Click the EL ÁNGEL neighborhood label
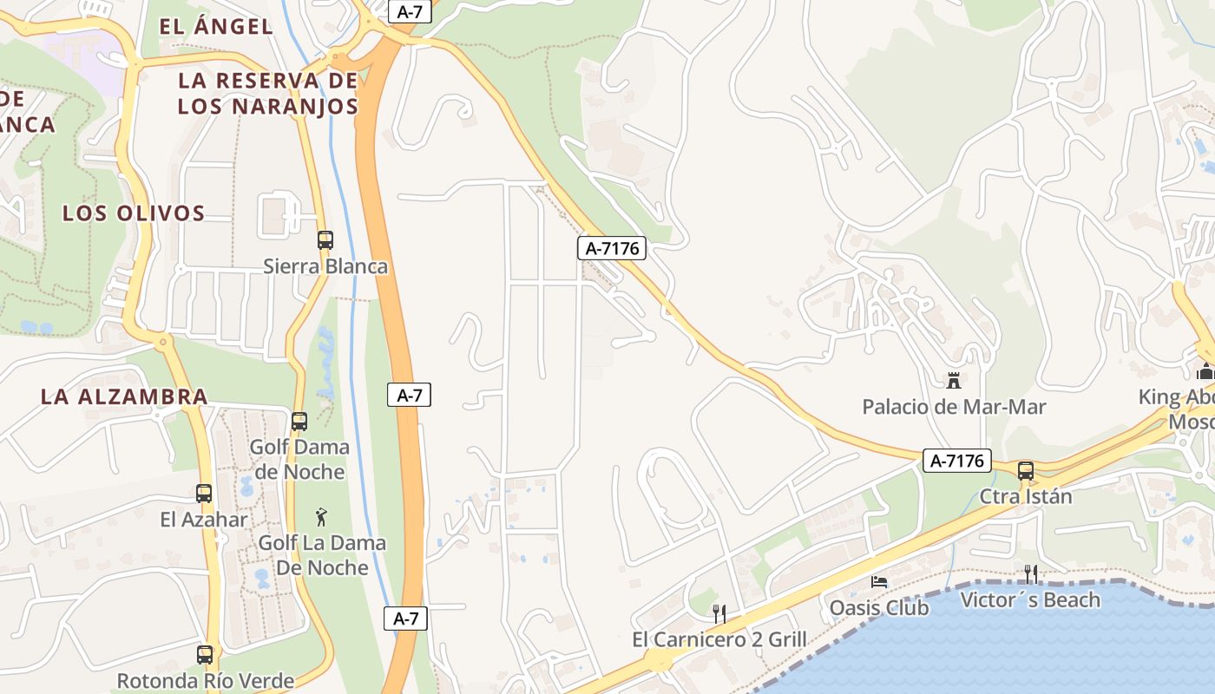(217, 26)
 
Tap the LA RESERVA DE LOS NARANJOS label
(267, 94)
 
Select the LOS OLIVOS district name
(134, 213)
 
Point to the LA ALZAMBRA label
(124, 397)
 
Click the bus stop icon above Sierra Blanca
(325, 240)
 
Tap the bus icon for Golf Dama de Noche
(299, 422)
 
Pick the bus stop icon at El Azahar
(204, 494)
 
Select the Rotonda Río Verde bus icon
(205, 655)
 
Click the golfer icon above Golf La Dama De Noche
(321, 518)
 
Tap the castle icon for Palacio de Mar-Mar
(954, 380)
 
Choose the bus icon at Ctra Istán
(1026, 471)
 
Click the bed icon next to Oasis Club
(879, 582)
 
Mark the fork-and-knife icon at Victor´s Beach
(1031, 573)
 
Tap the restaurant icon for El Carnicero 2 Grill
(719, 614)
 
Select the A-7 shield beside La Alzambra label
(409, 396)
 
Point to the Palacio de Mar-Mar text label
(954, 406)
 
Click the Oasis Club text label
(879, 607)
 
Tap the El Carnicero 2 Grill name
(719, 640)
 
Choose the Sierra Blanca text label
(325, 266)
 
